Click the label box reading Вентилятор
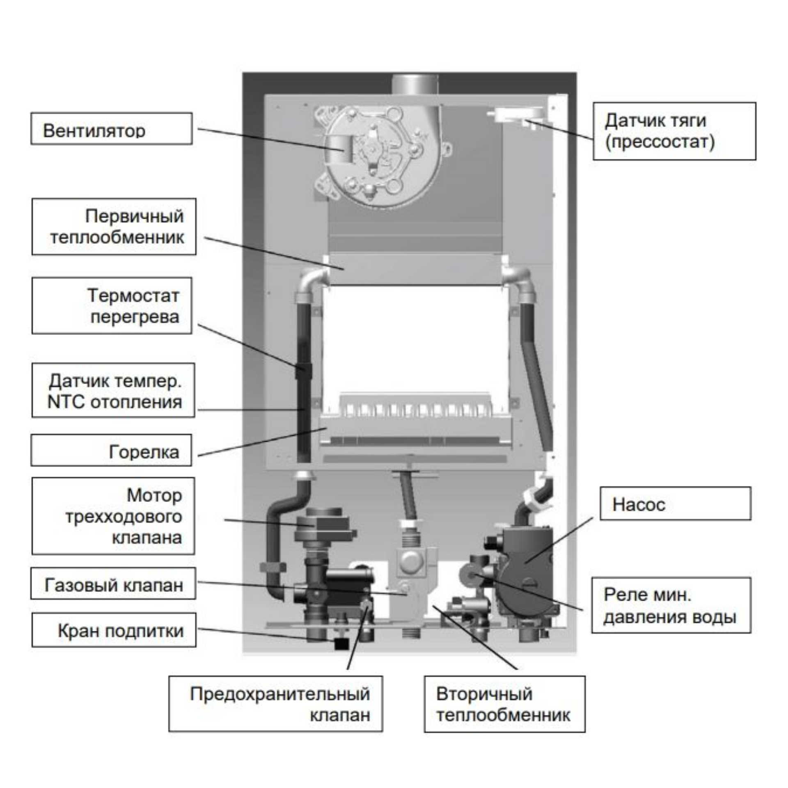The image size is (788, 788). pos(111,129)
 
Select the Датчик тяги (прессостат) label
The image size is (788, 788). pos(674,131)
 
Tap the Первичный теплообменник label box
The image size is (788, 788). pos(114,227)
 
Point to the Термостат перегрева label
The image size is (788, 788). pos(112,306)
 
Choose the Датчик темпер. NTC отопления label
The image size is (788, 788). pos(113,390)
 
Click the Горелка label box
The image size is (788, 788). pos(111,450)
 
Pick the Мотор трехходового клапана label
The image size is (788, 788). pos(113,516)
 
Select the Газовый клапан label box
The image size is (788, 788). pos(113,584)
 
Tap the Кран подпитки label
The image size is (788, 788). pos(114,630)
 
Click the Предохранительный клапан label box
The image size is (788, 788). pos(275,704)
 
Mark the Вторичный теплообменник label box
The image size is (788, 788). pos(504,704)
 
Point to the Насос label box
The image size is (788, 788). pos(675,504)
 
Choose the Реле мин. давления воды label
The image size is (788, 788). pos(671,605)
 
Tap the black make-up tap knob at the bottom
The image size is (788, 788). pos(341,643)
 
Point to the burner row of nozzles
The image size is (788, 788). pos(415,410)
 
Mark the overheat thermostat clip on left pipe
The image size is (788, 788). pos(303,370)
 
